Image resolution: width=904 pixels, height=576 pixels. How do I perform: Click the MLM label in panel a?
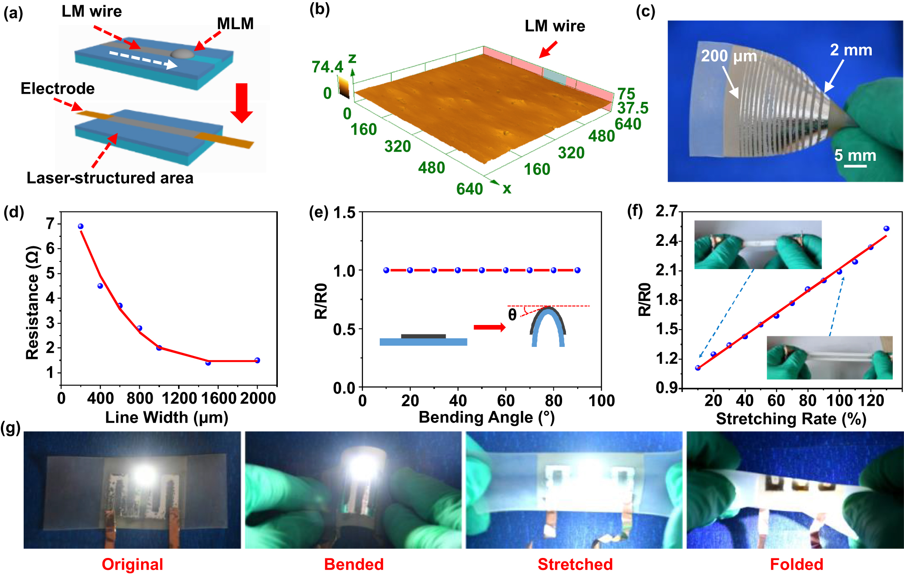pyautogui.click(x=235, y=24)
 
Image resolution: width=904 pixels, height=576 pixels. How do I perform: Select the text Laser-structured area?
pyautogui.click(x=110, y=178)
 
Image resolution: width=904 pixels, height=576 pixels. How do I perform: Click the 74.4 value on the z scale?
pyautogui.click(x=327, y=67)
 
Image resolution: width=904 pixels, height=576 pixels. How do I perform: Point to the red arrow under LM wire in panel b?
pyautogui.click(x=548, y=49)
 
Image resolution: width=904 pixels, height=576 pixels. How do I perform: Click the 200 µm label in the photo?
pyautogui.click(x=729, y=56)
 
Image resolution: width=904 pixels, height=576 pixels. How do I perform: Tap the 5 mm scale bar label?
pyautogui.click(x=855, y=155)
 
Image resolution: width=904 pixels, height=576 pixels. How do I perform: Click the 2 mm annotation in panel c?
pyautogui.click(x=851, y=50)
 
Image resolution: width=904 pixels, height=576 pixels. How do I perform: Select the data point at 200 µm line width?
pyautogui.click(x=80, y=227)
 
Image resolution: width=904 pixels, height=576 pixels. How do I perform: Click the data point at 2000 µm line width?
pyautogui.click(x=257, y=360)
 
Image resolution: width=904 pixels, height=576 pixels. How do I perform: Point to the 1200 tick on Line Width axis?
pyautogui.click(x=179, y=398)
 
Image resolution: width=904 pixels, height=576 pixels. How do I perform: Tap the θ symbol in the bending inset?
pyautogui.click(x=512, y=315)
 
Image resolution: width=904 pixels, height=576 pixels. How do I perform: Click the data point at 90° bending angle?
pyautogui.click(x=577, y=270)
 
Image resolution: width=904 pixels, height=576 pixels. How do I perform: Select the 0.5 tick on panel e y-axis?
pyautogui.click(x=344, y=329)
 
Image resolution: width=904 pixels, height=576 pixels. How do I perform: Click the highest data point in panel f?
pyautogui.click(x=886, y=229)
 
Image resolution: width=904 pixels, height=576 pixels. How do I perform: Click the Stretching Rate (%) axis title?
pyautogui.click(x=791, y=419)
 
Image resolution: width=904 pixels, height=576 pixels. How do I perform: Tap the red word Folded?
pyautogui.click(x=796, y=564)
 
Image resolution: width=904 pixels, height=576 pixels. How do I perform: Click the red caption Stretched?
pyautogui.click(x=575, y=564)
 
